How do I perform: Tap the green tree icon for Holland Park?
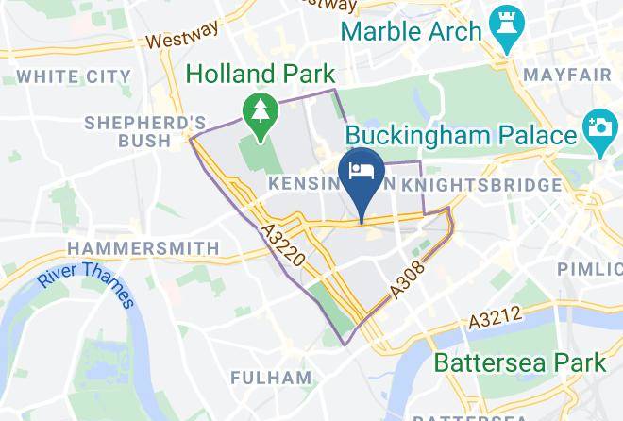(257, 113)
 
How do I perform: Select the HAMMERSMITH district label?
(143, 248)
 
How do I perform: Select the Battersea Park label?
(519, 362)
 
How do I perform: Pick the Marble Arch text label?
(411, 31)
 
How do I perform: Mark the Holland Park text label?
(261, 72)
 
